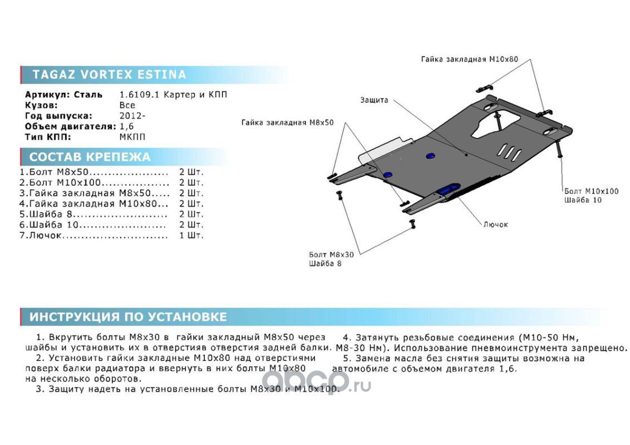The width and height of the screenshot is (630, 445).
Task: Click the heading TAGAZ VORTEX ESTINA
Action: point(109,75)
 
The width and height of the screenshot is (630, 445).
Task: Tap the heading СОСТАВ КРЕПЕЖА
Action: point(90,157)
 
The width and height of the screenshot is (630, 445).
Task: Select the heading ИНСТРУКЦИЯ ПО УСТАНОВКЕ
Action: point(128,317)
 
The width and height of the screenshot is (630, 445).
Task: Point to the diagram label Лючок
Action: point(495,225)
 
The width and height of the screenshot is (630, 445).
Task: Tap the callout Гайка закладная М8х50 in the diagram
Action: point(287,122)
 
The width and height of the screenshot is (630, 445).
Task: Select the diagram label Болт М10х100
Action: point(590,191)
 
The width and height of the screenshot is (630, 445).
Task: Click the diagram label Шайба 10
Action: point(583,200)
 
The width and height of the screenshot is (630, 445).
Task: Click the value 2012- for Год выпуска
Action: point(132,116)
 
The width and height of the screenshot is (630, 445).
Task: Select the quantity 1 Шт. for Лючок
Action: point(191,235)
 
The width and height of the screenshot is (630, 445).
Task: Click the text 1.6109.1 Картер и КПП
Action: point(174,95)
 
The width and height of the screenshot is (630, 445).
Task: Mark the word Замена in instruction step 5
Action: point(370,358)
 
